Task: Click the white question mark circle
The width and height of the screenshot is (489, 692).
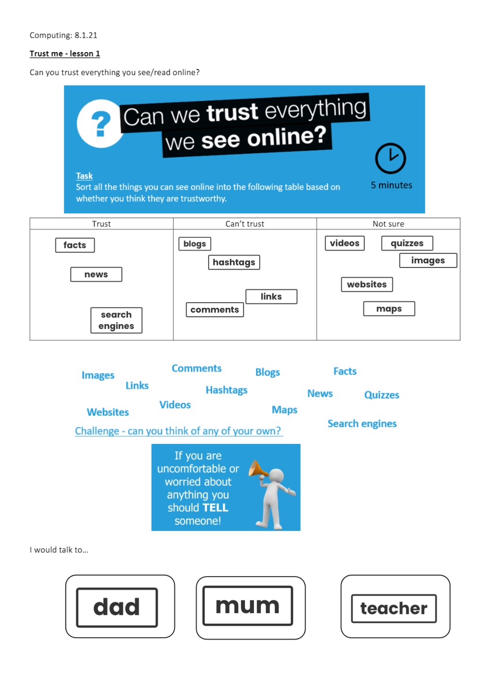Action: pos(100,123)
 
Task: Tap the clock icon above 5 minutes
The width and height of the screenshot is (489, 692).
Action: pos(390,158)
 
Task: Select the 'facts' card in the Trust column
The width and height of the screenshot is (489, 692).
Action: pos(75,245)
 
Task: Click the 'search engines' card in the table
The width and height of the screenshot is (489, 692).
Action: pos(116,320)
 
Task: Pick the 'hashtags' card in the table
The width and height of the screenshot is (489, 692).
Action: pos(234,262)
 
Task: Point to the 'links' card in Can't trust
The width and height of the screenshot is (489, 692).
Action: pos(271,297)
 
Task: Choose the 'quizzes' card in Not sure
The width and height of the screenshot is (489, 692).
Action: pos(407,243)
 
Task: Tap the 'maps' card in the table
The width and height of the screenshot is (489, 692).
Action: pos(389,309)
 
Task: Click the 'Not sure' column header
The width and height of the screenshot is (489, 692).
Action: pos(388,224)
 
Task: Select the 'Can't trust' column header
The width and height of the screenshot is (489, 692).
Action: pos(244,224)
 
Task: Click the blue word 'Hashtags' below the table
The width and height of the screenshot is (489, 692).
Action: pos(226,390)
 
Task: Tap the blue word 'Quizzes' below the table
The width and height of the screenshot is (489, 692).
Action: pos(382,395)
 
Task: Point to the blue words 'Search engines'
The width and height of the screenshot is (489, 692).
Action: pos(362,423)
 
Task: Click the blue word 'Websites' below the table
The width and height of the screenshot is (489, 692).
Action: pos(108,412)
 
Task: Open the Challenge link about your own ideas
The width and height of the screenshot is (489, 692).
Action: pos(178,431)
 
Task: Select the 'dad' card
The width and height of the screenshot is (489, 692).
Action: pos(117,607)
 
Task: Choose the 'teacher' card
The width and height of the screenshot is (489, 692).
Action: pos(394,608)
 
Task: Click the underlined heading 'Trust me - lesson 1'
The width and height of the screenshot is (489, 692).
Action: pos(65,54)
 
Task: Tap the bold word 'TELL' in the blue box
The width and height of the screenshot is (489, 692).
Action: pos(215,508)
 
